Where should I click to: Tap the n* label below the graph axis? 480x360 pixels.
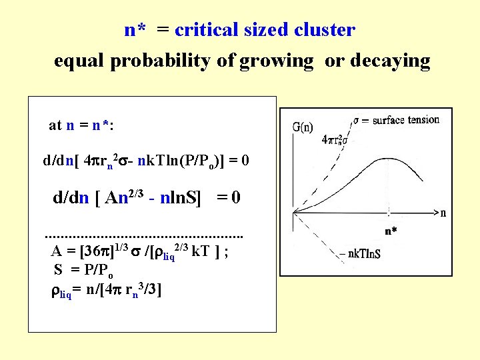pos(391,231)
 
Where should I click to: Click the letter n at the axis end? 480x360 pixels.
pos(443,213)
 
